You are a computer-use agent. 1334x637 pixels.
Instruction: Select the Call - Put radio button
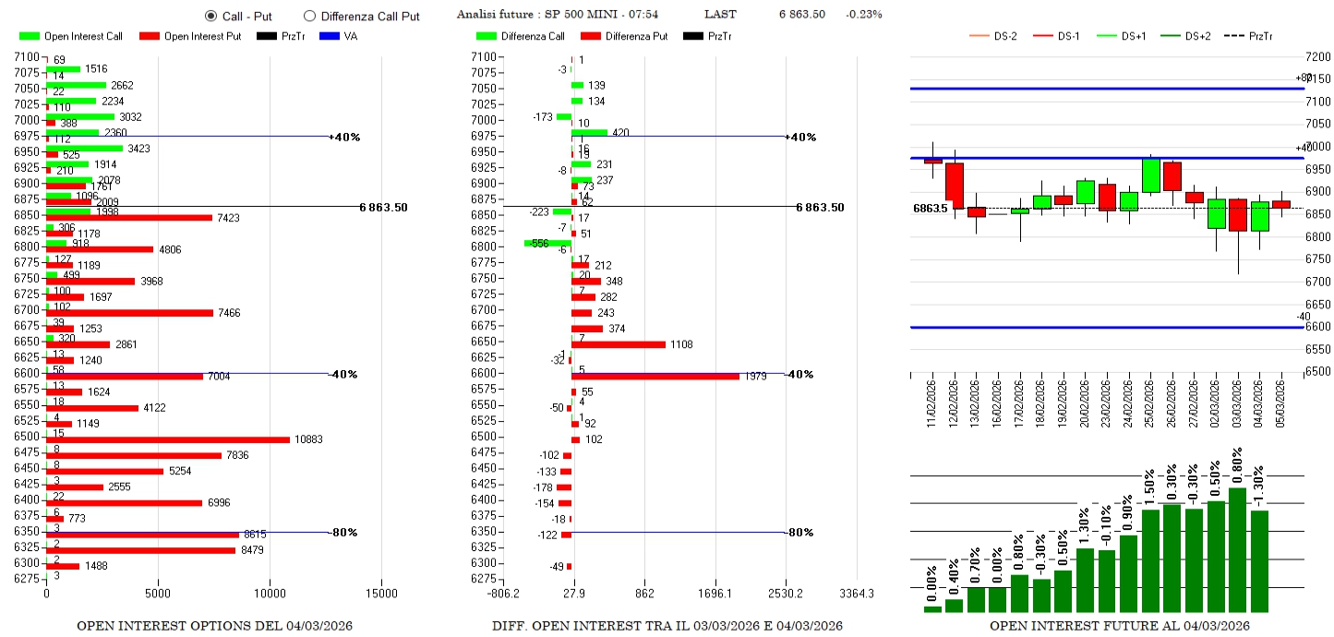[210, 16]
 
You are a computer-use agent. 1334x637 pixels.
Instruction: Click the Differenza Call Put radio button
[309, 16]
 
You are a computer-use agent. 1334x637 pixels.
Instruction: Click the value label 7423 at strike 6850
[229, 218]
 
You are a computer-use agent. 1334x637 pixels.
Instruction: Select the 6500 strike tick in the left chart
[26, 437]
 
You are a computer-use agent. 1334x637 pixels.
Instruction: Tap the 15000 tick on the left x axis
[383, 594]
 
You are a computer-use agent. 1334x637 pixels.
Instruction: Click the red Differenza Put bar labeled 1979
[655, 376]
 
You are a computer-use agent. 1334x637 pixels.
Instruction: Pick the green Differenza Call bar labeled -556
[547, 243]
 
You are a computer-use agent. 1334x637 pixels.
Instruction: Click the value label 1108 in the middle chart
[680, 344]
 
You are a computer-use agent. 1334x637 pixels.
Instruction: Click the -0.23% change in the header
[866, 14]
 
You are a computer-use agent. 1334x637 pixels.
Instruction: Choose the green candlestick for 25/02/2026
[1150, 175]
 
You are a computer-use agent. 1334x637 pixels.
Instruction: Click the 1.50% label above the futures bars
[1149, 482]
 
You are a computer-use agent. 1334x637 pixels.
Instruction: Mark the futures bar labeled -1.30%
[1259, 561]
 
